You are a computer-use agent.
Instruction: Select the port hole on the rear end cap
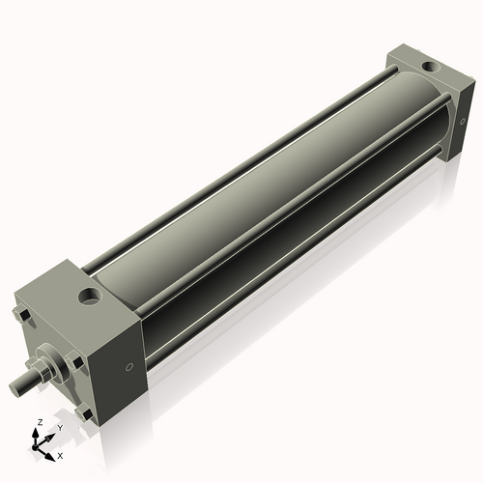pyautogui.click(x=428, y=69)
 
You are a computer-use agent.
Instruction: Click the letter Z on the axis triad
pyautogui.click(x=37, y=422)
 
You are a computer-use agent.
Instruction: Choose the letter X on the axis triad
pyautogui.click(x=60, y=454)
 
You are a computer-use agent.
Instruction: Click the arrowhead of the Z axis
pyautogui.click(x=37, y=432)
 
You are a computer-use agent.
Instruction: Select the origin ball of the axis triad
pyautogui.click(x=38, y=447)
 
